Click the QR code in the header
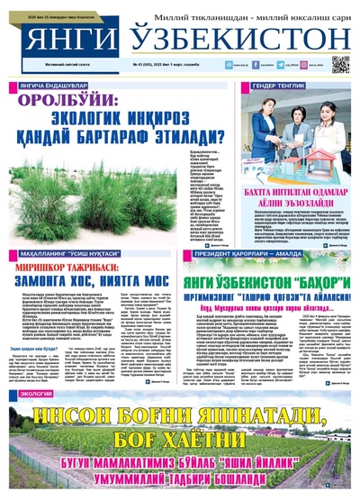tap(339, 64)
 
